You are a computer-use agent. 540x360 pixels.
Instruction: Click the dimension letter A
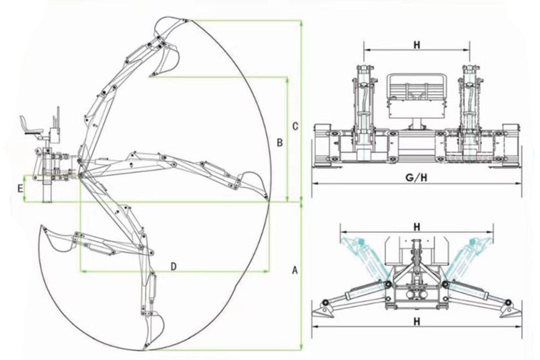pos(294,270)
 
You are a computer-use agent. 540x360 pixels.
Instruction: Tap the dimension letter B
pos(280,143)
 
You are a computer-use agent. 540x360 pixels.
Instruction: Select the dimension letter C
pos(295,126)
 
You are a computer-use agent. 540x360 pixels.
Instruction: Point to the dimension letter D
pos(174,266)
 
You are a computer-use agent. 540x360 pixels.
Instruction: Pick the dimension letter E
pos(20,188)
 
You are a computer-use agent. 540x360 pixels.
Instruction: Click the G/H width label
pos(416,178)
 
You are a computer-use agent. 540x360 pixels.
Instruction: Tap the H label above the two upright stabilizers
pos(417,45)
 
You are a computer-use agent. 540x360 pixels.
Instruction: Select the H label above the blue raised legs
pos(417,227)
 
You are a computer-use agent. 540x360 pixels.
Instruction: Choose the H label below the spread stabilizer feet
pos(417,322)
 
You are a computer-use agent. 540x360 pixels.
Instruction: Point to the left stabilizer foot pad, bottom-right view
pos(323,311)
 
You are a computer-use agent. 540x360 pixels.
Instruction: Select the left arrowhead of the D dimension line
pos(83,271)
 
